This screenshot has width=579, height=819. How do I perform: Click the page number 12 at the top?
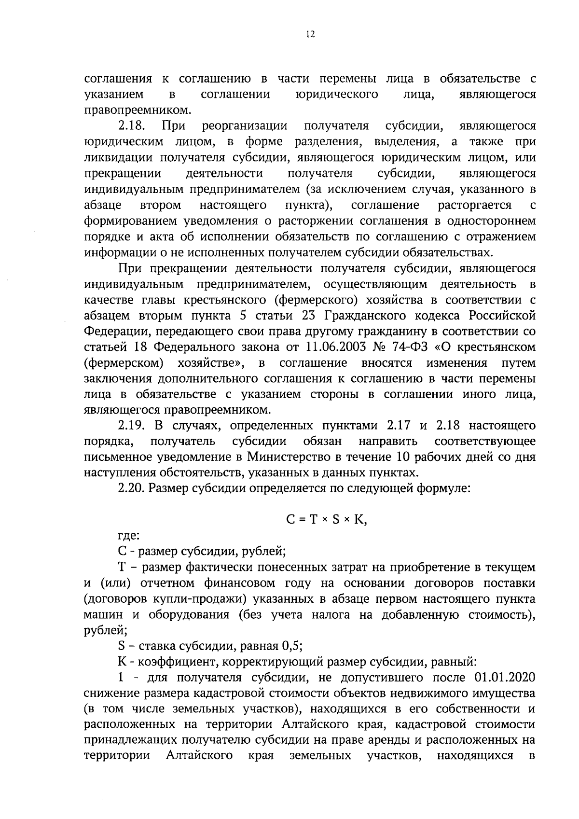point(310,34)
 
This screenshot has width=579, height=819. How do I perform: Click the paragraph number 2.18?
point(132,126)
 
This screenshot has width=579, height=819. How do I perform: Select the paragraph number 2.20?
point(132,488)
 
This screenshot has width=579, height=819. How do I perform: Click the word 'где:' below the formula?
point(128,535)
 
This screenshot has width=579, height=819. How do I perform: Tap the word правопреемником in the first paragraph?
point(137,111)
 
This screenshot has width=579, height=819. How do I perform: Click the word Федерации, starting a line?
point(112,332)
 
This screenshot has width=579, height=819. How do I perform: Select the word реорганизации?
point(245,126)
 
